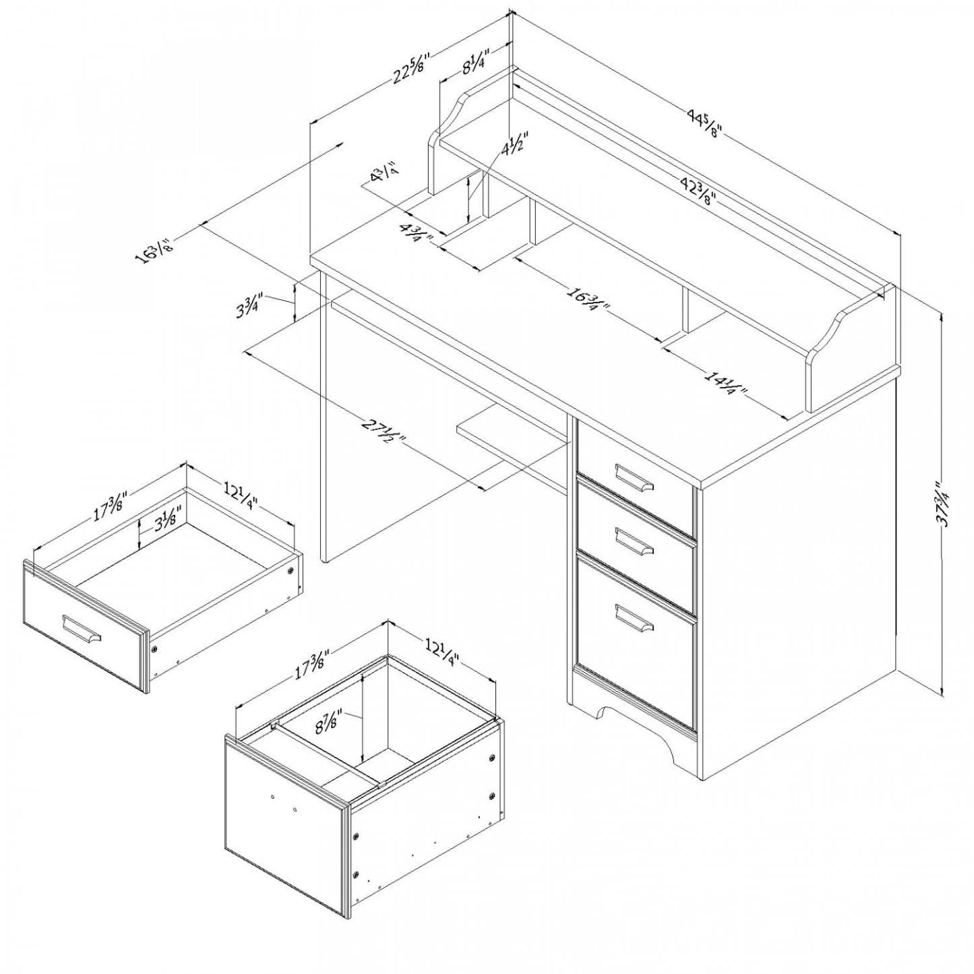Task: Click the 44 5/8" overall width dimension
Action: point(704,123)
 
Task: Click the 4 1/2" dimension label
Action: point(514,143)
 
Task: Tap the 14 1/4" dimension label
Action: point(726,384)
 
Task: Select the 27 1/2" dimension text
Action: point(384,432)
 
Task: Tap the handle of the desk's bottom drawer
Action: point(634,617)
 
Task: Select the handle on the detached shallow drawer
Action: point(82,630)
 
